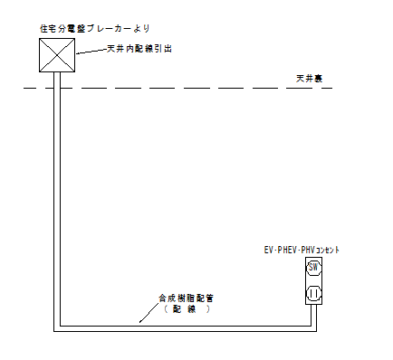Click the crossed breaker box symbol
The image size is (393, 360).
[x=57, y=54]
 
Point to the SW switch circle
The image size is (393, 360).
[x=313, y=268]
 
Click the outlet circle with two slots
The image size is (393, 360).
[x=313, y=292]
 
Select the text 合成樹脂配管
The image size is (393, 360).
[x=187, y=297]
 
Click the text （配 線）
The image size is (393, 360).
[x=187, y=308]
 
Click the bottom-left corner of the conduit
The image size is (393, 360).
[x=57, y=327]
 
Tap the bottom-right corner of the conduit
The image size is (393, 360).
[x=313, y=327]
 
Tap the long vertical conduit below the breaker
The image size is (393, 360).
[x=57, y=199]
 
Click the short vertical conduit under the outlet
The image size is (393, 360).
[x=313, y=316]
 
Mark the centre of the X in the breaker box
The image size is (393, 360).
[x=57, y=54]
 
